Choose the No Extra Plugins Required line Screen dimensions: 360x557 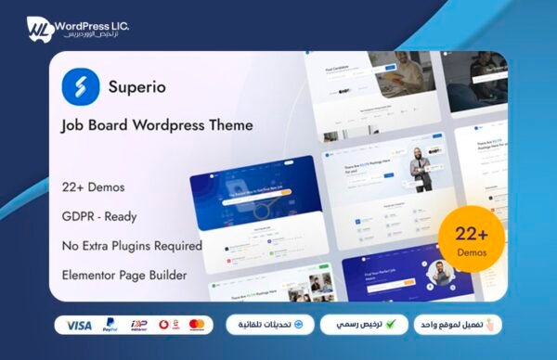[132, 246]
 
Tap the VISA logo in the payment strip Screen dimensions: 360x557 [80, 326]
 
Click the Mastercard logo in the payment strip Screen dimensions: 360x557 [196, 326]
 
